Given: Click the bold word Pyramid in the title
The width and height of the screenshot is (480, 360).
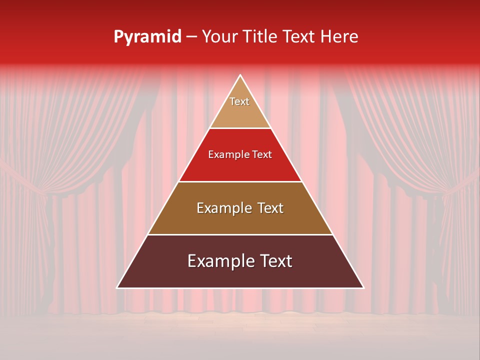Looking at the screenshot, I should click(147, 37).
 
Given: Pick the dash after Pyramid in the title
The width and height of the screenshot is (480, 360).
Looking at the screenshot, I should click(191, 37).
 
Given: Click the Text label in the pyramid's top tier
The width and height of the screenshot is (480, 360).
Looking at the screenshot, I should click(239, 101).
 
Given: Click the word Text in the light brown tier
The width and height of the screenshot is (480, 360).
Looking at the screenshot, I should click(270, 208).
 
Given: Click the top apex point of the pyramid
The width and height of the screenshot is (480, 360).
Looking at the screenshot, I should click(240, 75).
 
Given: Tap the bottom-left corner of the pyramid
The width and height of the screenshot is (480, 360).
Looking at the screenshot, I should click(117, 288).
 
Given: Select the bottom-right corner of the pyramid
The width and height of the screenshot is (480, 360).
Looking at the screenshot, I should click(364, 288).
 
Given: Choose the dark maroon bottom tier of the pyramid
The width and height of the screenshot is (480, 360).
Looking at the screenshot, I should click(240, 277).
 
